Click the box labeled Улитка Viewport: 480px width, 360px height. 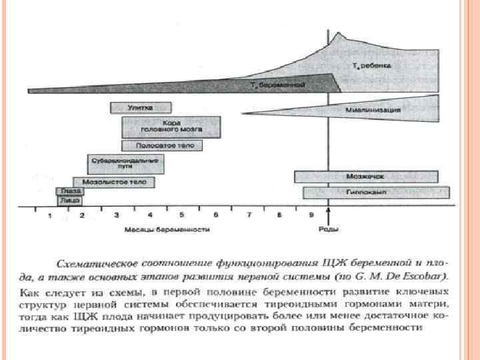point(141,107)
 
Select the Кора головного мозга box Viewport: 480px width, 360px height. point(171,127)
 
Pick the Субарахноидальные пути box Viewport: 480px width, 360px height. point(125,164)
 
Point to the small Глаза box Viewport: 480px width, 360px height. point(70,191)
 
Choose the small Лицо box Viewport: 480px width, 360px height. point(70,200)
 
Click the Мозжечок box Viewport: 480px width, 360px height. point(365,177)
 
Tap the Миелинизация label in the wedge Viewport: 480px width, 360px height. point(373,109)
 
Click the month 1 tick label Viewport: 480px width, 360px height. point(49,216)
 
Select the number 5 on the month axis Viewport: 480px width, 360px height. point(183,216)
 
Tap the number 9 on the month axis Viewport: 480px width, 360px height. point(311,216)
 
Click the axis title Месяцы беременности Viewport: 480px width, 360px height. point(167,229)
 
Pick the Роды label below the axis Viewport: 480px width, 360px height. point(328,229)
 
